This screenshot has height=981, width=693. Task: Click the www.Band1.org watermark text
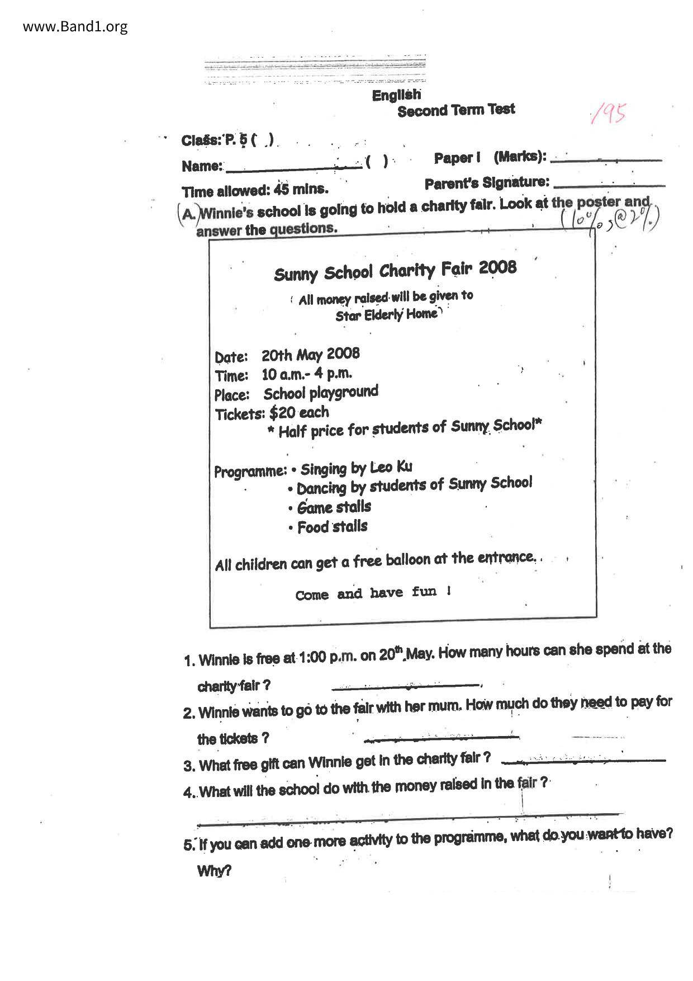(x=75, y=26)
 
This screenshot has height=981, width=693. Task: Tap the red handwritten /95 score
(x=608, y=113)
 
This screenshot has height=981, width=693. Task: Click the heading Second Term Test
(x=456, y=110)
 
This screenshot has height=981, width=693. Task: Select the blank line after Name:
(x=293, y=167)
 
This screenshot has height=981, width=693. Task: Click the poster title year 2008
(x=497, y=267)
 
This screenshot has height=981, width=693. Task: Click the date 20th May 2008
(x=311, y=355)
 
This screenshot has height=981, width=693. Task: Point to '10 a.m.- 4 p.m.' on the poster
(x=307, y=374)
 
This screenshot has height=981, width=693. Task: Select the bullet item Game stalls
(x=334, y=507)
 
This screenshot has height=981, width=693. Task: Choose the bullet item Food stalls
(x=332, y=527)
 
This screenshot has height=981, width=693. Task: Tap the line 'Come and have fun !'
(x=373, y=593)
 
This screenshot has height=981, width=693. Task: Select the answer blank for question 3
(x=583, y=760)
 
